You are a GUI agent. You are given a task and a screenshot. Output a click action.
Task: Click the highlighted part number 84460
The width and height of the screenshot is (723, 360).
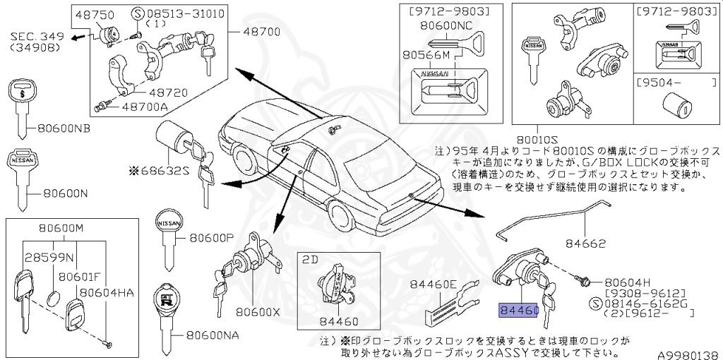518,310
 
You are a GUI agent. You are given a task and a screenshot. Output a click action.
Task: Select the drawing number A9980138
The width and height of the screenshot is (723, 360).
689,355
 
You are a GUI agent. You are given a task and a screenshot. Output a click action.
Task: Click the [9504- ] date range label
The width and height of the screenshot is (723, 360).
665,82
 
